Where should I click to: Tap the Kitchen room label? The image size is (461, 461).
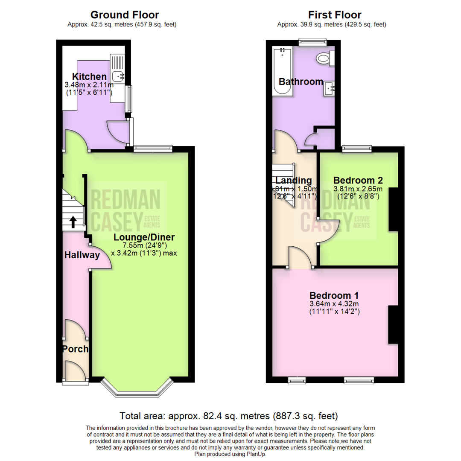[x=89, y=77]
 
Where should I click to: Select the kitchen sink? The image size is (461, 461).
[x=117, y=76]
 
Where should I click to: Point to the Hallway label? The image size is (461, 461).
[x=82, y=255]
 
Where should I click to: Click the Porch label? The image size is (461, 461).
[x=75, y=349]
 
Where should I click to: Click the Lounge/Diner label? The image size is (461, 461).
[x=144, y=237]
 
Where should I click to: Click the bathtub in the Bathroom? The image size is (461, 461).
[x=282, y=72]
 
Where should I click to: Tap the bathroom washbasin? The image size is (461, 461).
[x=330, y=88]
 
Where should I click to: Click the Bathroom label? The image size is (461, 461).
[x=301, y=82]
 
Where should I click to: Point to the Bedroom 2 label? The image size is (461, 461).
[x=358, y=180]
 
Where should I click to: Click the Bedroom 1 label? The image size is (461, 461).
[x=334, y=295]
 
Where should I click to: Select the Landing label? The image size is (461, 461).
[x=294, y=181]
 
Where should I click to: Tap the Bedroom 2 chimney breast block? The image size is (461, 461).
[x=393, y=210]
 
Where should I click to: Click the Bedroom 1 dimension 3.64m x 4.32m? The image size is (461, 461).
[x=334, y=304]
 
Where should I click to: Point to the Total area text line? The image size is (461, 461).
[x=229, y=415]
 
